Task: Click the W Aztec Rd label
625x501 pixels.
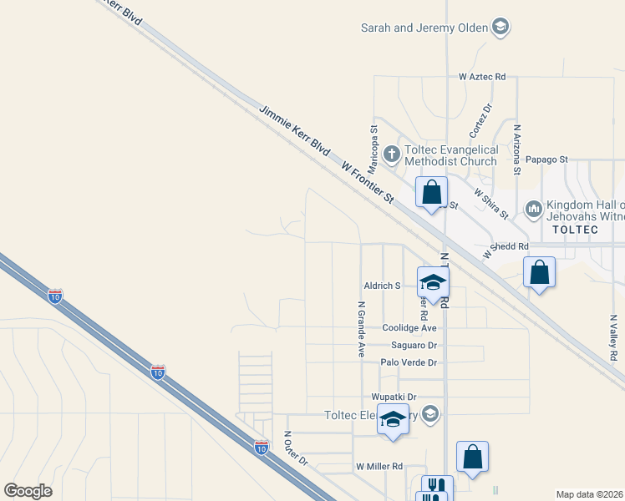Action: [482, 76]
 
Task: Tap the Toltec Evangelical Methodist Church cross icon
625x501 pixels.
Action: [391, 154]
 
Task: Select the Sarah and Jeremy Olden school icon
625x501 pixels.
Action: [500, 28]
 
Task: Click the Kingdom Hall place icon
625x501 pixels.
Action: [533, 207]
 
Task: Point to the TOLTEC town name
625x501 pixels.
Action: [572, 228]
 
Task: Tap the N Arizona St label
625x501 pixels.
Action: [517, 149]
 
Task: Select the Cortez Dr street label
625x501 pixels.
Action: [480, 121]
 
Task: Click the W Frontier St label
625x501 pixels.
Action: [367, 183]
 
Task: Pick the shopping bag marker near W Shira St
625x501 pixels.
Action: [431, 192]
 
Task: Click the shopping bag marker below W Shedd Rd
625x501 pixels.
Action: [540, 272]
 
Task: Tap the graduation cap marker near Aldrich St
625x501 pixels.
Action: [433, 281]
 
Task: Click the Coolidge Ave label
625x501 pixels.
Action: [409, 328]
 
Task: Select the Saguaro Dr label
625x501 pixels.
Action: [414, 345]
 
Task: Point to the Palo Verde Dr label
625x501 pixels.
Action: [409, 362]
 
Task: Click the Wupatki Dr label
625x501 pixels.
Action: [394, 397]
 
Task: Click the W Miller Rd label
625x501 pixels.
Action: [379, 466]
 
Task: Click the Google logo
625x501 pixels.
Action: [28, 491]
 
